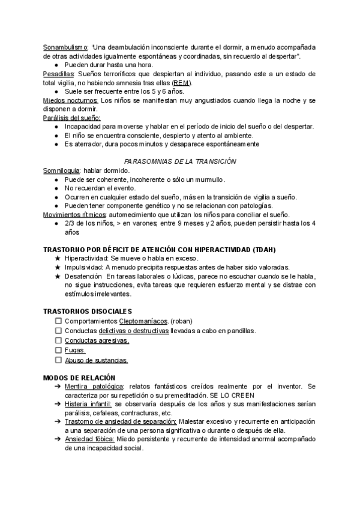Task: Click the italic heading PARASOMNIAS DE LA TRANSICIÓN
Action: [x=180, y=161]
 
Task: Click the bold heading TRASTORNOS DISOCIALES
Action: [x=87, y=312]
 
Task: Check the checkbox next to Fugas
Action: [x=58, y=351]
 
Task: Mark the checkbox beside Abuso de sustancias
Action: [x=58, y=360]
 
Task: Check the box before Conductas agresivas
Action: [x=58, y=340]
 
